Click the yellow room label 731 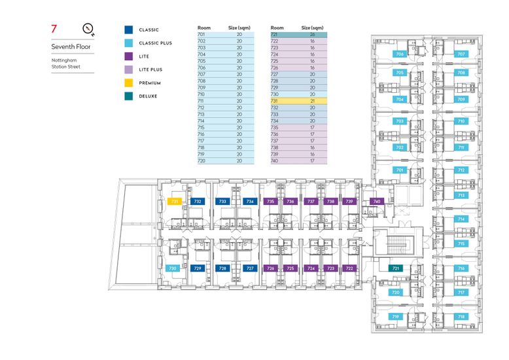click(174, 202)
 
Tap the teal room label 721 click(395, 268)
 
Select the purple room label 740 click(376, 202)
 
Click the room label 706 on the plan click(399, 54)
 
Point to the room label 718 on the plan click(461, 316)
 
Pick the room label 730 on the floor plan click(173, 268)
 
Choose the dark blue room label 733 click(223, 202)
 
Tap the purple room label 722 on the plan click(349, 268)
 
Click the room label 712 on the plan click(461, 170)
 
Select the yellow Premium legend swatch click(129, 83)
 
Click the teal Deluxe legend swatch click(129, 96)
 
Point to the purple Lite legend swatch click(129, 56)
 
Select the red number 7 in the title click(54, 29)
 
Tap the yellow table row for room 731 click(297, 101)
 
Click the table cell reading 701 click(202, 33)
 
